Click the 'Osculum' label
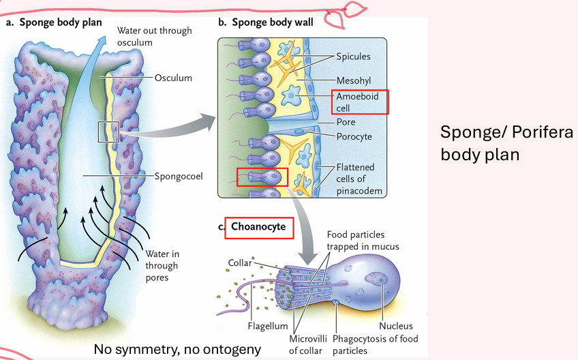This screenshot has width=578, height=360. pyautogui.click(x=173, y=78)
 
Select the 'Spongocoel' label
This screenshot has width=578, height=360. pyautogui.click(x=179, y=177)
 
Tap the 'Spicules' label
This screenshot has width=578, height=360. pyautogui.click(x=353, y=57)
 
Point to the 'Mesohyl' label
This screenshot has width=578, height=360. pyautogui.click(x=354, y=80)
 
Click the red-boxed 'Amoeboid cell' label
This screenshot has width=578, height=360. pyautogui.click(x=360, y=102)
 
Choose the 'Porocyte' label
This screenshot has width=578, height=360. pyautogui.click(x=354, y=136)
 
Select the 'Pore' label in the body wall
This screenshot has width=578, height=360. pyautogui.click(x=346, y=122)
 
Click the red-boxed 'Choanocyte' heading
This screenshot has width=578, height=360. pyautogui.click(x=259, y=227)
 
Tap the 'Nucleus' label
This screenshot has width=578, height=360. pyautogui.click(x=396, y=326)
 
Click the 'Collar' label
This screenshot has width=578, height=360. pyautogui.click(x=241, y=262)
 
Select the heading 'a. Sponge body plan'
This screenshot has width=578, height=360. pyautogui.click(x=54, y=22)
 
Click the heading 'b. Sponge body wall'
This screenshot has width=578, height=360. pyautogui.click(x=265, y=22)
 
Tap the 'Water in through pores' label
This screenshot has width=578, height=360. pyautogui.click(x=162, y=266)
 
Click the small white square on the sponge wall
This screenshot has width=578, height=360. pyautogui.click(x=108, y=132)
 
